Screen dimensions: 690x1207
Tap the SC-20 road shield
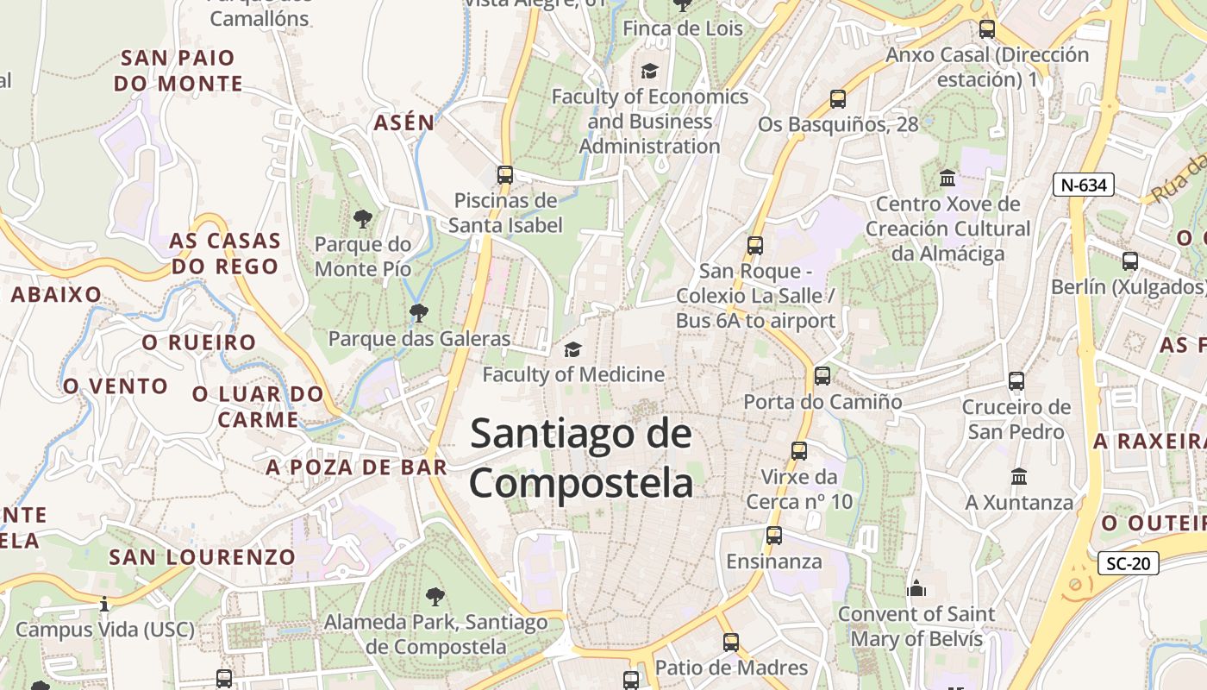click(1129, 564)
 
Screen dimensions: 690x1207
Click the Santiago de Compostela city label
click(581, 458)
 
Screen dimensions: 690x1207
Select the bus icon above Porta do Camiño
click(822, 376)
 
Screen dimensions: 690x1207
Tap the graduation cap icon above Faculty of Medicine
click(572, 349)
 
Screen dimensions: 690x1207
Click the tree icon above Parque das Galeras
click(419, 312)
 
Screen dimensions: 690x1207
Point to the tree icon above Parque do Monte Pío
click(363, 219)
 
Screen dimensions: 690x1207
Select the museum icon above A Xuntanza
click(1019, 476)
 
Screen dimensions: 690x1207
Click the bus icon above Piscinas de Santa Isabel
click(505, 175)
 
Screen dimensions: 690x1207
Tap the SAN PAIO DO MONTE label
click(178, 71)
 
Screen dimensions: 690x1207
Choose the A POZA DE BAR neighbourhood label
click(357, 467)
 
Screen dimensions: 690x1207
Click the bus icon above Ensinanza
click(774, 536)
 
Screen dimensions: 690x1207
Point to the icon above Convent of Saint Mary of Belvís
click(916, 588)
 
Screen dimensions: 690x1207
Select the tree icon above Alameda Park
click(435, 596)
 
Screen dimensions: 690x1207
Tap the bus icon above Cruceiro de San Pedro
click(1016, 380)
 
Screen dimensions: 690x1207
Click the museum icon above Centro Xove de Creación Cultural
click(947, 179)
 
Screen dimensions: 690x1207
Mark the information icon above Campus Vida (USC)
click(104, 604)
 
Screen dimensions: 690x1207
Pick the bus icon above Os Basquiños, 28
click(838, 98)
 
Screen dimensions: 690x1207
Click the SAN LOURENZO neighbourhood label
click(202, 557)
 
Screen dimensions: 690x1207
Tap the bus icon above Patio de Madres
click(731, 642)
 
